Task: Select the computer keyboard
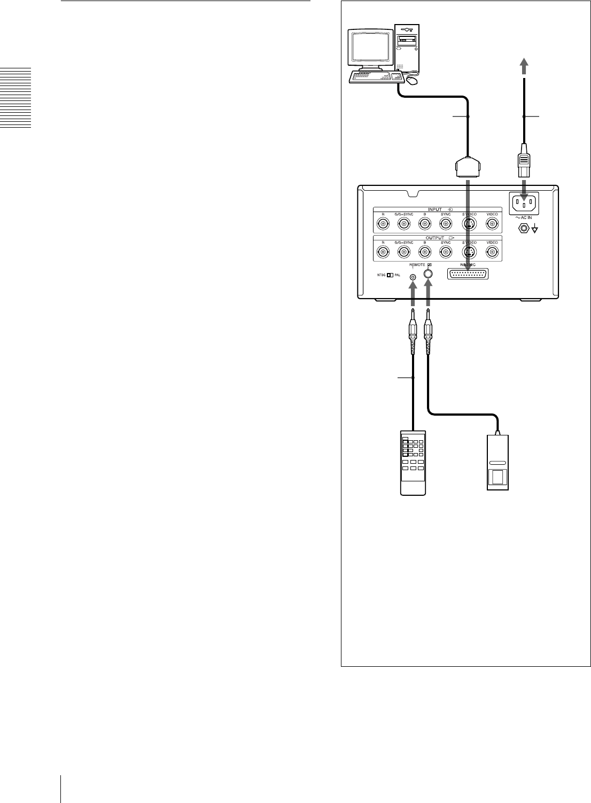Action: tap(375, 77)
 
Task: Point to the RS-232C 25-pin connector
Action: tap(467, 274)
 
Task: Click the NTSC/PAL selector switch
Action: tap(390, 276)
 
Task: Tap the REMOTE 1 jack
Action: tap(413, 277)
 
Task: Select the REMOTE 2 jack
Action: tap(428, 274)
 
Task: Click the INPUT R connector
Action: tap(383, 224)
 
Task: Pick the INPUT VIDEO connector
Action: tap(492, 224)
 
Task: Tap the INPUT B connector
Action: tap(425, 224)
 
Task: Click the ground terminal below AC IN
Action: tap(524, 229)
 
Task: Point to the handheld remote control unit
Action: tap(414, 462)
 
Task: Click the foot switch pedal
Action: tap(499, 462)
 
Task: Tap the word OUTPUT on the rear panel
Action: tap(436, 237)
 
